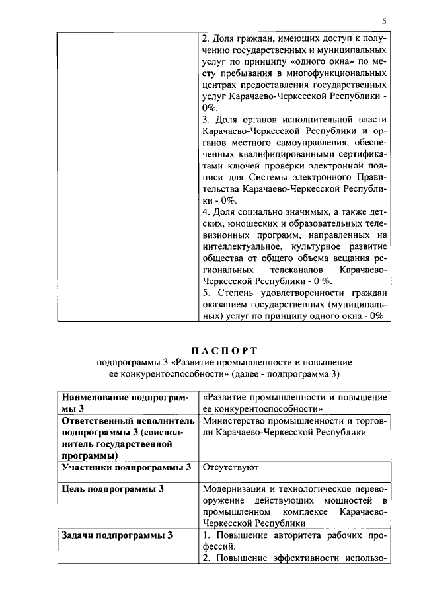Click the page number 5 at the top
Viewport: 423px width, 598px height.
pyautogui.click(x=384, y=21)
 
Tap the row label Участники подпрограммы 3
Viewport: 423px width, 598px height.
pyautogui.click(x=126, y=467)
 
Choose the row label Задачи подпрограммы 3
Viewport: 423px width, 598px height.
pyautogui.click(x=117, y=535)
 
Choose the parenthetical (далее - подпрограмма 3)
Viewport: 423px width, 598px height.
pyautogui.click(x=281, y=374)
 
